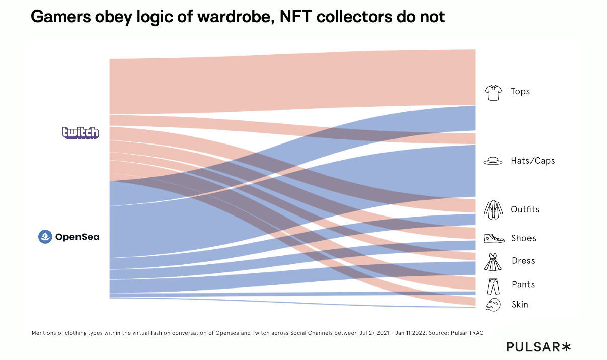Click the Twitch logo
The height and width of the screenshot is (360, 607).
[81, 132]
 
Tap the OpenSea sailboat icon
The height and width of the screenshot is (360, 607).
[45, 236]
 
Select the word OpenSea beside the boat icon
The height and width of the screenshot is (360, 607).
[77, 237]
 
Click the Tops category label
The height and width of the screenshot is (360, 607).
[520, 91]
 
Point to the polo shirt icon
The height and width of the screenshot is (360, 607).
[493, 92]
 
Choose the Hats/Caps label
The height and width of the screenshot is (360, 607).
[533, 161]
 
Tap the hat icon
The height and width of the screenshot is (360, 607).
[493, 161]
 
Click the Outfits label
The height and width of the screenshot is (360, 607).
[525, 209]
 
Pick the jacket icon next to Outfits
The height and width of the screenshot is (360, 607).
[493, 210]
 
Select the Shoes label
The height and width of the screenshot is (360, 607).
[523, 238]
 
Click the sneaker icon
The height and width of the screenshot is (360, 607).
[494, 238]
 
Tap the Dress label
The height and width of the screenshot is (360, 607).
[523, 261]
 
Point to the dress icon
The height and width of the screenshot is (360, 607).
[493, 262]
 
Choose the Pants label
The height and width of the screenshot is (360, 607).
[523, 285]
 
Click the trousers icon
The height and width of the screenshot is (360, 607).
[493, 286]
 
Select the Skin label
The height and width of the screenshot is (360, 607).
[520, 304]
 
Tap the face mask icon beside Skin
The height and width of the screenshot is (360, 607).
[493, 304]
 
